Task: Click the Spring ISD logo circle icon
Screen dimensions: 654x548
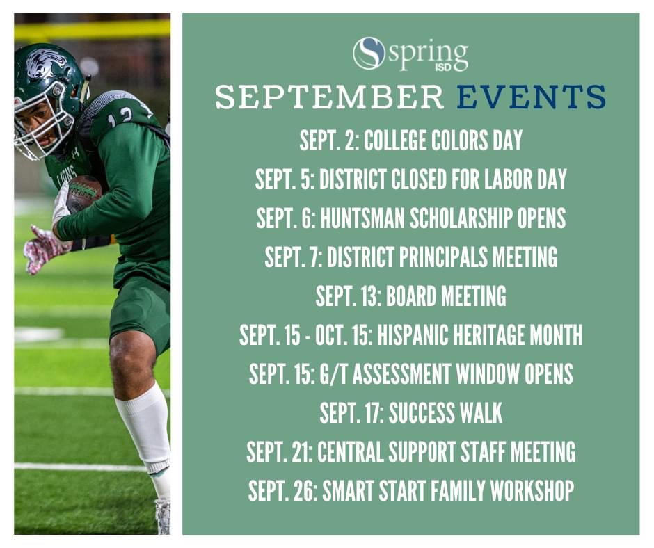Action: pyautogui.click(x=368, y=53)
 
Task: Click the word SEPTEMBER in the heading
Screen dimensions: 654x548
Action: pyautogui.click(x=329, y=97)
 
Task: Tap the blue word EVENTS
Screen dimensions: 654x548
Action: pyautogui.click(x=531, y=97)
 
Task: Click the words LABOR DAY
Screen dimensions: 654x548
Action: pyautogui.click(x=525, y=179)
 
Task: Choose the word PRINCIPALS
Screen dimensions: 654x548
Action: pyautogui.click(x=443, y=257)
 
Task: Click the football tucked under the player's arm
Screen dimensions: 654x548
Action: pyautogui.click(x=83, y=193)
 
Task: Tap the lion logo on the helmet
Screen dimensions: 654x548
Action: pyautogui.click(x=46, y=63)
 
